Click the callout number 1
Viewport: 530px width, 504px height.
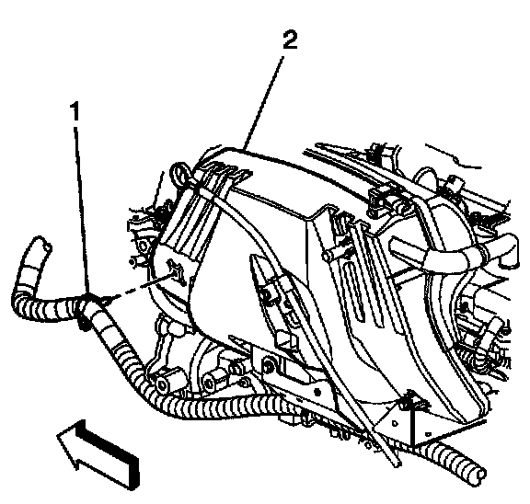tap(75, 111)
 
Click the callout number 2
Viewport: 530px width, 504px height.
tap(290, 40)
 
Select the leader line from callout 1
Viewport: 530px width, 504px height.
tap(82, 210)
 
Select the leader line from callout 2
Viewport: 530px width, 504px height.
tap(263, 103)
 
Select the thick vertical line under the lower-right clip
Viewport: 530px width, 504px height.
tap(412, 427)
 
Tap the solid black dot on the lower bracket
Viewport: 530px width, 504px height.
tap(317, 393)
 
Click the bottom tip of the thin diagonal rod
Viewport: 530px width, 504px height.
tap(398, 465)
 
